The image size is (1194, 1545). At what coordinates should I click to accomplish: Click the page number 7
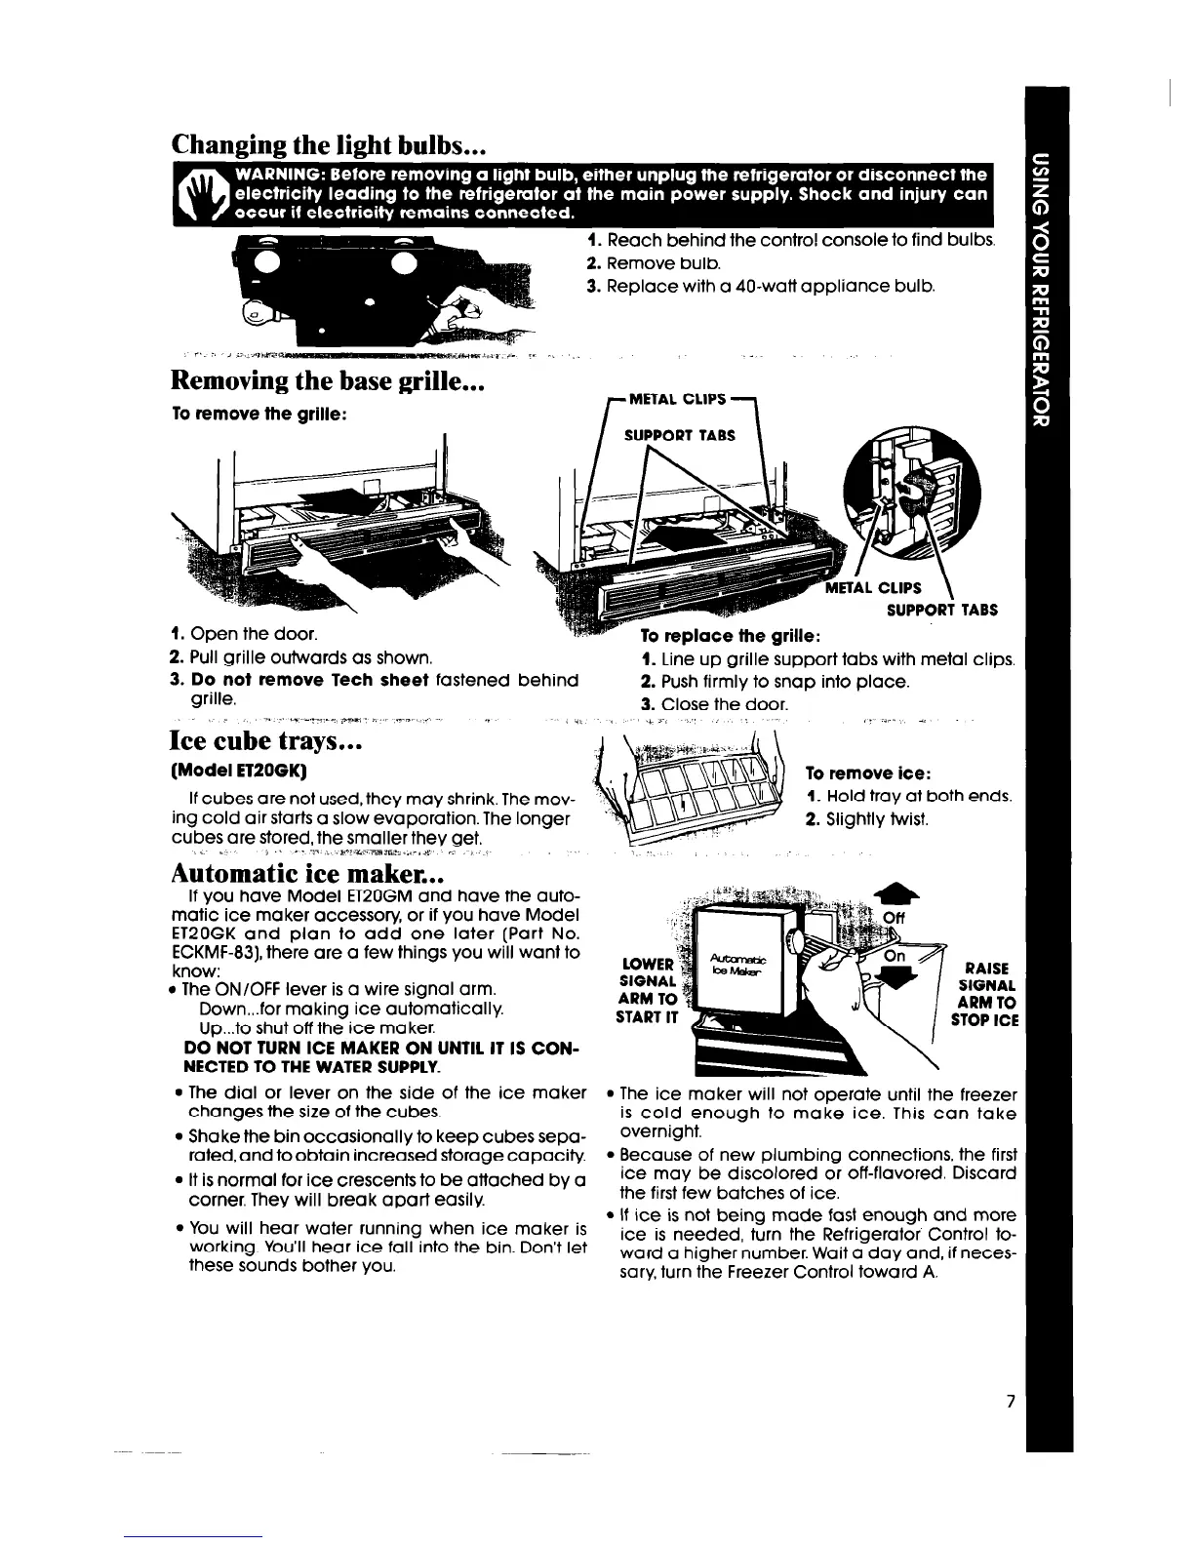(x=1013, y=1402)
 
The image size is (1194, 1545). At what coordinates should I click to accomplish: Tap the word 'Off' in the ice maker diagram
(x=894, y=918)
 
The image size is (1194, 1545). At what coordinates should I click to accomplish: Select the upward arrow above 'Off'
(x=892, y=891)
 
